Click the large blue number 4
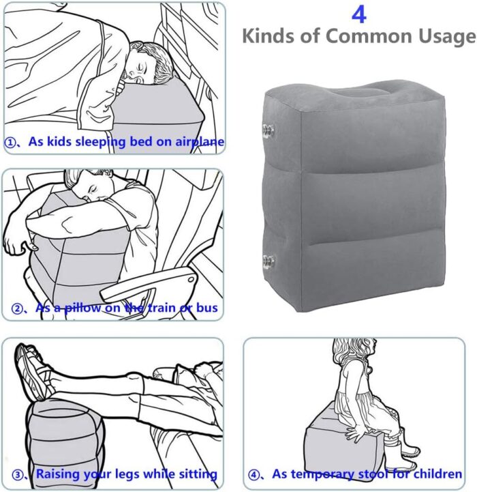pyautogui.click(x=359, y=14)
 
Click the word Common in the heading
pyautogui.click(x=369, y=36)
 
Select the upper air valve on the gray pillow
pyautogui.click(x=268, y=130)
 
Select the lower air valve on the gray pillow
pyautogui.click(x=268, y=261)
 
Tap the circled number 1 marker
pyautogui.click(x=10, y=143)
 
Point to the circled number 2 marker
pyautogui.click(x=17, y=308)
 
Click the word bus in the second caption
pyautogui.click(x=207, y=308)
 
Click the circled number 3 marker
pyautogui.click(x=17, y=475)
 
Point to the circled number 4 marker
pyautogui.click(x=253, y=475)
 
